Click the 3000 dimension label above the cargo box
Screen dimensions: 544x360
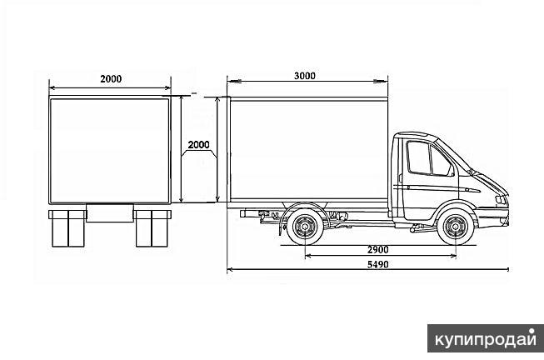(305, 76)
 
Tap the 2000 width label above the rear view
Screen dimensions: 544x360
(111, 79)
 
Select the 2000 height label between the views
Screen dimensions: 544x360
(198, 144)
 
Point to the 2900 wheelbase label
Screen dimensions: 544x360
(378, 250)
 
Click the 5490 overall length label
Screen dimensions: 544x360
(378, 264)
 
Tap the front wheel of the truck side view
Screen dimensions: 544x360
(455, 227)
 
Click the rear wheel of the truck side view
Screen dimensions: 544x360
(305, 227)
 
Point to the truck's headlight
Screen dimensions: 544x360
(501, 200)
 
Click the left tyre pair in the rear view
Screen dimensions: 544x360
(68, 228)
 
